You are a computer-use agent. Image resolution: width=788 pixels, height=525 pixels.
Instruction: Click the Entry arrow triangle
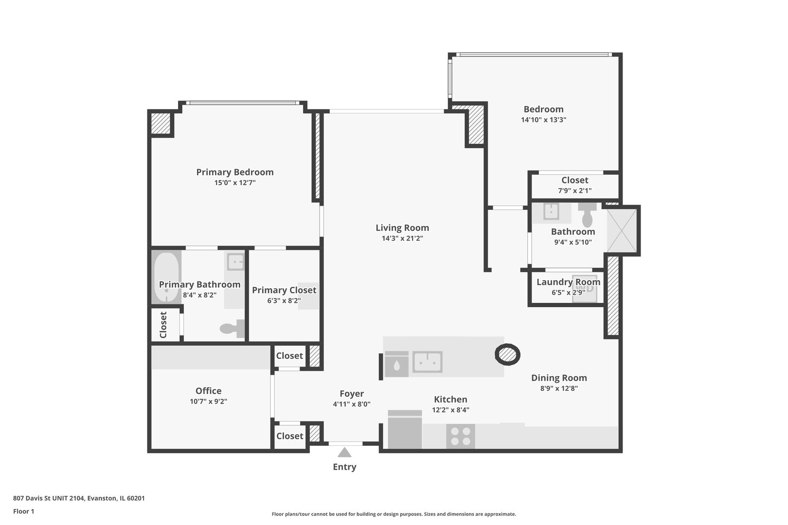tap(344, 453)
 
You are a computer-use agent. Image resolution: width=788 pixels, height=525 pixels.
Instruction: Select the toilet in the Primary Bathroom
tap(233, 329)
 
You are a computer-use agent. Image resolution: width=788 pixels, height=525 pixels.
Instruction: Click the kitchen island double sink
tap(427, 362)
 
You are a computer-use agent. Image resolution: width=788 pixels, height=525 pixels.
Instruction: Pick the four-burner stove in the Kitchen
tap(460, 436)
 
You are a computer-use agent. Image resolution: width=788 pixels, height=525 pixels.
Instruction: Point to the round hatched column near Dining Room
tap(507, 354)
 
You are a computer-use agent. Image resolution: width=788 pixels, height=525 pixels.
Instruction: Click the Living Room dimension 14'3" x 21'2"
tap(402, 238)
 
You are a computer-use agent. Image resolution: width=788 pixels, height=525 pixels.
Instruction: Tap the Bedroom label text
tap(543, 109)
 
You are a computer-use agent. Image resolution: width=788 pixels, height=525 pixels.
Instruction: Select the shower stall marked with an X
tap(621, 230)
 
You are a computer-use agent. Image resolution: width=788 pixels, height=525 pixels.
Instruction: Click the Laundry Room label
tap(568, 282)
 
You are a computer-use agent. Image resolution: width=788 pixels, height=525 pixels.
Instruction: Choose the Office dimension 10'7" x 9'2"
tap(208, 402)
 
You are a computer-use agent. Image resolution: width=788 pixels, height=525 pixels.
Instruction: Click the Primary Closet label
tap(284, 290)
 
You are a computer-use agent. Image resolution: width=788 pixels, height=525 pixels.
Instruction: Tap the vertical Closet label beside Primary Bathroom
tap(163, 325)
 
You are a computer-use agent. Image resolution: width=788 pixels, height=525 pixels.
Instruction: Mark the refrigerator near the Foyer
tap(405, 430)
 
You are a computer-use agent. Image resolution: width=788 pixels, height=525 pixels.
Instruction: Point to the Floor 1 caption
tap(24, 511)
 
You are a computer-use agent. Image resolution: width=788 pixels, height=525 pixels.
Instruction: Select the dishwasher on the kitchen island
tap(396, 364)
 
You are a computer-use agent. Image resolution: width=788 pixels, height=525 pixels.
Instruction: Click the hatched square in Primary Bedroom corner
tap(161, 123)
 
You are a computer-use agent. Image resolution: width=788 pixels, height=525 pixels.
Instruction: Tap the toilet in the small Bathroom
tap(587, 216)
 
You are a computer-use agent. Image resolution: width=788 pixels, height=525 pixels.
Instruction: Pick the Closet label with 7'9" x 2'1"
tap(574, 180)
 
